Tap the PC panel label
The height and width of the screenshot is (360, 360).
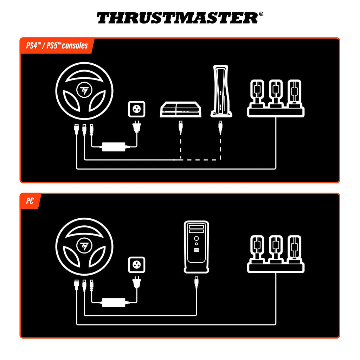[x=30, y=201]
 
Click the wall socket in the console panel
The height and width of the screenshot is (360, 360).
[x=136, y=108]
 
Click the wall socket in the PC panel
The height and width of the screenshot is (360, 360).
[x=136, y=264]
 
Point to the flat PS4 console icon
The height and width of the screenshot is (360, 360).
[x=181, y=110]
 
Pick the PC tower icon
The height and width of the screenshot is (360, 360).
[x=196, y=247]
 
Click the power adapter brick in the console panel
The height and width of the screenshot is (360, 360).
[x=114, y=146]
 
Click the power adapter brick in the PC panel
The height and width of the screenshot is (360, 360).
[x=114, y=302]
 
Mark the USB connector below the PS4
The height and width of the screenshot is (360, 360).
[x=181, y=127]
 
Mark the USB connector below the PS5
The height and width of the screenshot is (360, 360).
[x=220, y=127]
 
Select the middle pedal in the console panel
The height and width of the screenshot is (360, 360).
[x=276, y=91]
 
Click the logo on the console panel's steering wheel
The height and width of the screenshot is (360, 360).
[x=84, y=90]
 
